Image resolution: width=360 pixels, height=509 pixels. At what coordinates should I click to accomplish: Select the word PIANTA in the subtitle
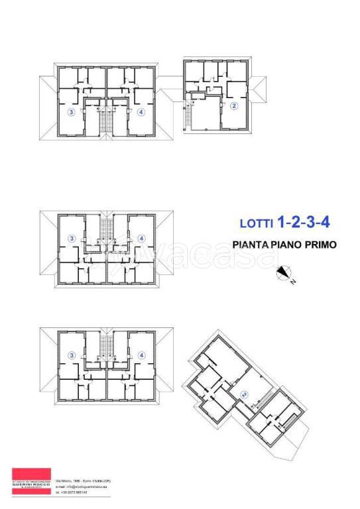click(251, 245)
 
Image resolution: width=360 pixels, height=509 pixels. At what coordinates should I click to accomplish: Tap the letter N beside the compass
click(292, 281)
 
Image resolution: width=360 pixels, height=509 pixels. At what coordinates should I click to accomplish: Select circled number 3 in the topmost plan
click(70, 112)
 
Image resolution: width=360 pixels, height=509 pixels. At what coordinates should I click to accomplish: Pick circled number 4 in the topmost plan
click(141, 112)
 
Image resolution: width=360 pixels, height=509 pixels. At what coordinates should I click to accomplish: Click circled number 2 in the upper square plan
click(234, 106)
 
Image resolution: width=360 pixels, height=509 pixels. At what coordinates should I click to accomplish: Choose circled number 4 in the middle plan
click(141, 239)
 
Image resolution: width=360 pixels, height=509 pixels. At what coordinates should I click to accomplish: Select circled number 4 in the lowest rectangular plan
click(141, 355)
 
